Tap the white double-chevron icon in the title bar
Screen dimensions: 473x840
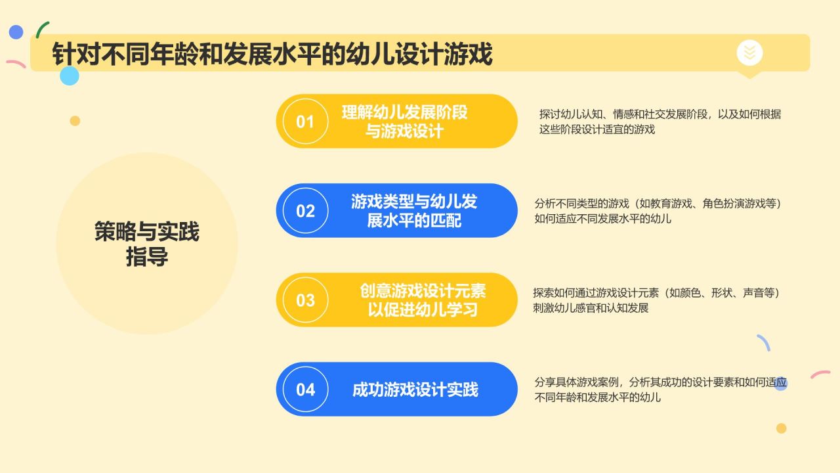pos(749,52)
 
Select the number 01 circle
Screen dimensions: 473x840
pos(305,122)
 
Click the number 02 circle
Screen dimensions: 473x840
pos(305,211)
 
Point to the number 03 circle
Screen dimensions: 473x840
pos(305,300)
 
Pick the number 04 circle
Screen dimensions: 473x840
pos(305,390)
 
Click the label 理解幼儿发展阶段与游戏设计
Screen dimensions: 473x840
pos(404,122)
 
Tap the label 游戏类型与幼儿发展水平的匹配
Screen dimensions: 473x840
pos(414,211)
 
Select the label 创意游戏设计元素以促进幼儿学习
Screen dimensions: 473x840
pos(423,300)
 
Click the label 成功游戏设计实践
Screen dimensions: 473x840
pos(415,390)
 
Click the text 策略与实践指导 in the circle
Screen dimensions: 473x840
pos(147,244)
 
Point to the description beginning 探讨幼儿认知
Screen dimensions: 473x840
pos(660,122)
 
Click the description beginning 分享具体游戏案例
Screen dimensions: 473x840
pos(660,390)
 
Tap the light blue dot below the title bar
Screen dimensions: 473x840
pos(69,76)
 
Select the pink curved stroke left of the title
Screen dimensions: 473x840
pos(15,64)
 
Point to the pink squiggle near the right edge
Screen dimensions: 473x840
pos(820,374)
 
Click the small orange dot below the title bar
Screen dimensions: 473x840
pos(75,121)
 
